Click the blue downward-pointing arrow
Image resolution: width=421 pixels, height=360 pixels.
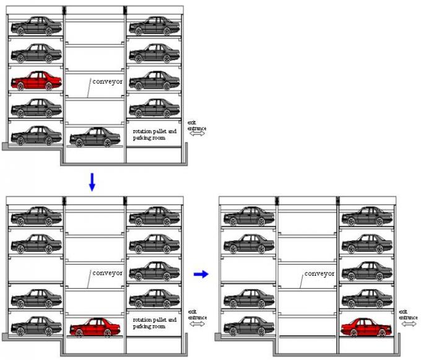[92, 182]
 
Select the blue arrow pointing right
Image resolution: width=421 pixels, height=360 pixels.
[199, 274]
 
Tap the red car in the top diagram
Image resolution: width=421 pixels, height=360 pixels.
[36, 81]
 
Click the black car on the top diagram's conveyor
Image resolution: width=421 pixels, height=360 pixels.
[95, 137]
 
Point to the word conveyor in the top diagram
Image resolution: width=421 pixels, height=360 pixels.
[108, 81]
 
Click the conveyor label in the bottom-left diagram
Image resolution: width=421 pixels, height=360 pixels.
[108, 273]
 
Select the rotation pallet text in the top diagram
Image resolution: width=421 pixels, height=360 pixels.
[155, 134]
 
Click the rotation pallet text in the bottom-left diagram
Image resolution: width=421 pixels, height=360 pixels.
[155, 323]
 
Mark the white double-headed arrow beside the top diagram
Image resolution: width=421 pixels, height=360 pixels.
[197, 133]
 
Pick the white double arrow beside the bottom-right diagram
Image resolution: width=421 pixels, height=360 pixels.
[409, 323]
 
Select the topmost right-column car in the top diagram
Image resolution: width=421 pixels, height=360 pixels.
[154, 26]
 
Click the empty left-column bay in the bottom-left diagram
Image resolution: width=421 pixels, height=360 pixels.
[35, 270]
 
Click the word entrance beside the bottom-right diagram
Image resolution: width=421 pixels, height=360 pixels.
[409, 317]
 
